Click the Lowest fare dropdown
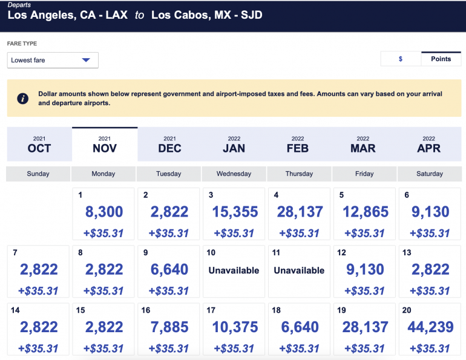53,60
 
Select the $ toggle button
401,59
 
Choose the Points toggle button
441,59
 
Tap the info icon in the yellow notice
23,98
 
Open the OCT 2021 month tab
39,145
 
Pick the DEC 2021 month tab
169,145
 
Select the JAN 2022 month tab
234,145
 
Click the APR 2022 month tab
429,145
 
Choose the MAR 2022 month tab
363,145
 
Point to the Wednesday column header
234,174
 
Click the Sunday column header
38,174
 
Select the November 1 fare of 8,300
103,213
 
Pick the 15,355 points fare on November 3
234,213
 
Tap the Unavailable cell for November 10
234,270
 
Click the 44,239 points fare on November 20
429,328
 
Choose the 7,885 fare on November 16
168,328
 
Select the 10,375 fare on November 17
234,328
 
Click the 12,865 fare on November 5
364,213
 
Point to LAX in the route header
116,15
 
